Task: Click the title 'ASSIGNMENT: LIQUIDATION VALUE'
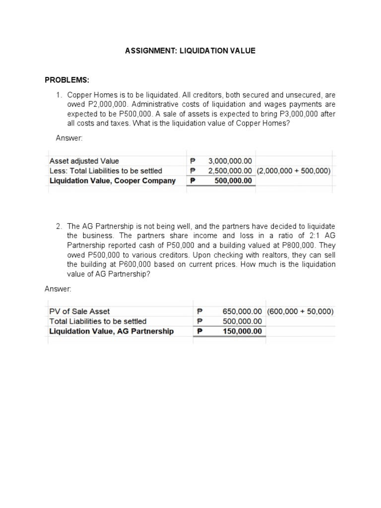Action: pyautogui.click(x=190, y=51)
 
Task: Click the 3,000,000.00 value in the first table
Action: pyautogui.click(x=230, y=161)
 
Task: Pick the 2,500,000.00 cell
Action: pyautogui.click(x=230, y=171)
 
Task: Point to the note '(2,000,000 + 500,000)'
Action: pyautogui.click(x=294, y=171)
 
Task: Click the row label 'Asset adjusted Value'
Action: pyautogui.click(x=84, y=161)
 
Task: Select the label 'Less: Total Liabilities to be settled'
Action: pyautogui.click(x=106, y=171)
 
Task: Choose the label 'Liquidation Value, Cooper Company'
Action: pyautogui.click(x=113, y=181)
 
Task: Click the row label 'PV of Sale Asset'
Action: pyautogui.click(x=79, y=312)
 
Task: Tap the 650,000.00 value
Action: pyautogui.click(x=242, y=312)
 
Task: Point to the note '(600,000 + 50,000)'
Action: pyautogui.click(x=300, y=312)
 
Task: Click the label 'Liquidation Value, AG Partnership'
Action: pyautogui.click(x=112, y=331)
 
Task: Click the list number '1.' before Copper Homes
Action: pyautogui.click(x=59, y=94)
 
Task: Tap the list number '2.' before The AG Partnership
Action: pyautogui.click(x=59, y=226)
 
